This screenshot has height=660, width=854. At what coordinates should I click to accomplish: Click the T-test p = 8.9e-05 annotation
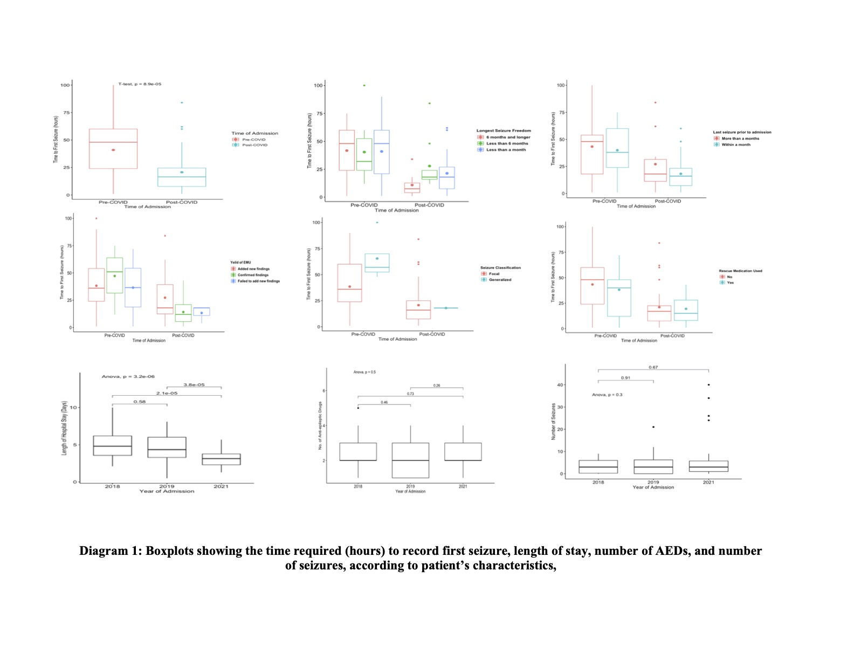[x=140, y=84]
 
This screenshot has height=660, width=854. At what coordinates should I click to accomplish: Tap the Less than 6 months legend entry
[x=507, y=143]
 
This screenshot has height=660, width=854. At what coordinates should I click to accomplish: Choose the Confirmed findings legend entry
[x=253, y=275]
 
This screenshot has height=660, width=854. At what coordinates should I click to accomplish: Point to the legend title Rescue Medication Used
[x=740, y=271]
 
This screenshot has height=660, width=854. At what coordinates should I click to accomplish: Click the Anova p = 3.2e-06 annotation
[x=128, y=376]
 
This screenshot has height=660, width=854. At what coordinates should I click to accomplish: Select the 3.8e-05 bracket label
[x=194, y=384]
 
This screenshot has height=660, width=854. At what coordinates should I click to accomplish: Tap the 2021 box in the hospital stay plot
[x=221, y=459]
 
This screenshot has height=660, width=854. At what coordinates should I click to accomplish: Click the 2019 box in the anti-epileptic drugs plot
[x=410, y=460]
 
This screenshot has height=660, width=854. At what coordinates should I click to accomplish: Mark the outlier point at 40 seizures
[x=708, y=384]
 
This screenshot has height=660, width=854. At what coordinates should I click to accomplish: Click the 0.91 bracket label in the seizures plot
[x=625, y=378]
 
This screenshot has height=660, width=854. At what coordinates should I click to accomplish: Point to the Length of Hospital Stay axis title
[x=64, y=428]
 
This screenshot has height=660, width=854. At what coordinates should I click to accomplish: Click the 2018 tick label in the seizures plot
[x=598, y=482]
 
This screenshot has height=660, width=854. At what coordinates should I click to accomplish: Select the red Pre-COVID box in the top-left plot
[x=113, y=149]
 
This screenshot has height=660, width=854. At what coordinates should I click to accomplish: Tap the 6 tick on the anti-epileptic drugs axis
[x=323, y=390]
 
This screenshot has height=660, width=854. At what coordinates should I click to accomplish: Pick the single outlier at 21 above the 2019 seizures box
[x=653, y=427]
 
